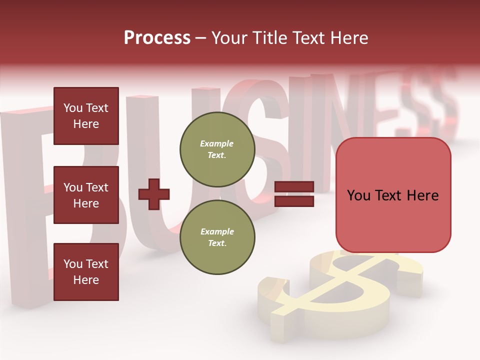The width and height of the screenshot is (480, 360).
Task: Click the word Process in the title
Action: click(x=157, y=38)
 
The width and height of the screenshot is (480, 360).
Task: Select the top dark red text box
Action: click(x=86, y=116)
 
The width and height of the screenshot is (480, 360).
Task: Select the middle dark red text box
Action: click(x=86, y=195)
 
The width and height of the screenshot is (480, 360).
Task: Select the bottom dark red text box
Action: click(x=86, y=271)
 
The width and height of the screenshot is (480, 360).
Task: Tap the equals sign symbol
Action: click(x=294, y=194)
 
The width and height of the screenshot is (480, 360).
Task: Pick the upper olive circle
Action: click(x=217, y=149)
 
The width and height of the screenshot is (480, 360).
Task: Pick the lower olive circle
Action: click(x=217, y=237)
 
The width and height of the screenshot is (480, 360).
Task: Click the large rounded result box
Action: click(x=393, y=195)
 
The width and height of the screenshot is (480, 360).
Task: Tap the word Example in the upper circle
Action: click(x=217, y=143)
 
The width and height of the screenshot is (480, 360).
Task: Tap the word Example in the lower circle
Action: click(x=217, y=231)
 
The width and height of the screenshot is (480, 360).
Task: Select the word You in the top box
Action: click(x=73, y=108)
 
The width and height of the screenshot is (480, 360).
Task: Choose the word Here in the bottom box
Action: click(x=86, y=280)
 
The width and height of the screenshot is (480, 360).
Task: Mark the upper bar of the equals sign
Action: click(x=294, y=187)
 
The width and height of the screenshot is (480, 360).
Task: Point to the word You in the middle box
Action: click(x=73, y=187)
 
